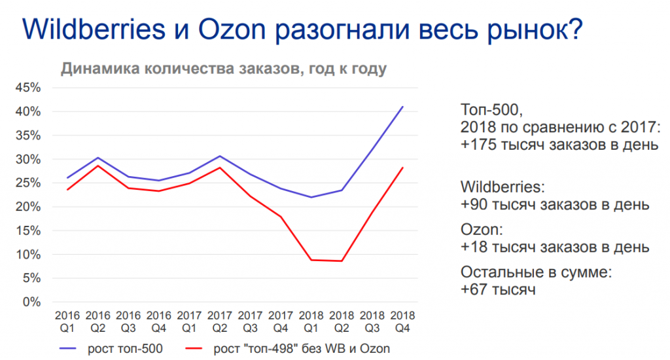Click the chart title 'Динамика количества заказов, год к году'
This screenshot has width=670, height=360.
pyautogui.click(x=224, y=69)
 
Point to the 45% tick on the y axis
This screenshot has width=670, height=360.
pyautogui.click(x=29, y=88)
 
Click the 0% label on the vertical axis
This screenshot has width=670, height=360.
pyautogui.click(x=33, y=302)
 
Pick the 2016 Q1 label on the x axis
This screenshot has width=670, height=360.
pyautogui.click(x=68, y=320)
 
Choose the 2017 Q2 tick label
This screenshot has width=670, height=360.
pyautogui.click(x=220, y=320)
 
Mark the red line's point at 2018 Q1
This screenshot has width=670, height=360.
pyautogui.click(x=311, y=260)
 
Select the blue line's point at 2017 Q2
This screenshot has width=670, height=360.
pyautogui.click(x=220, y=156)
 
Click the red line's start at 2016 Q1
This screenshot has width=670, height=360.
pyautogui.click(x=68, y=190)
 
